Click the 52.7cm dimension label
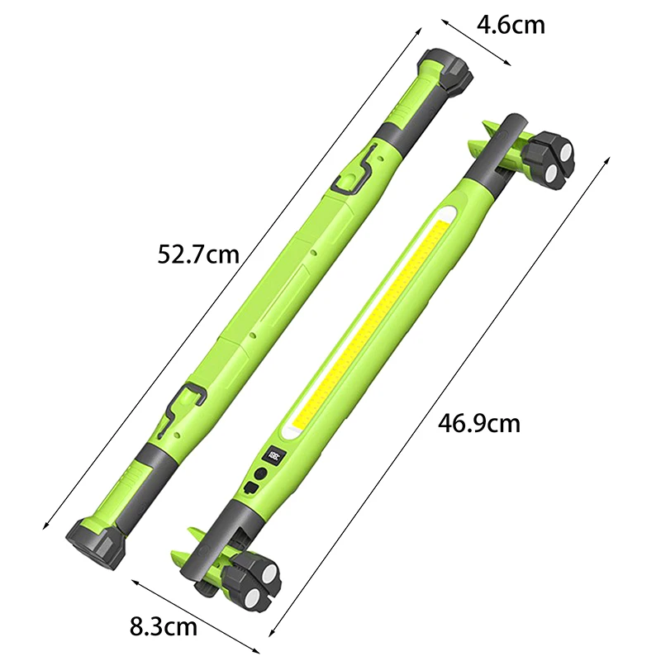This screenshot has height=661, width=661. (198, 254)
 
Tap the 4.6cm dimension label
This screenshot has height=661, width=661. (511, 25)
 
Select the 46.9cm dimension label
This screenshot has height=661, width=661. (479, 423)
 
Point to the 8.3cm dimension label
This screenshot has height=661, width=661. (163, 626)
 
